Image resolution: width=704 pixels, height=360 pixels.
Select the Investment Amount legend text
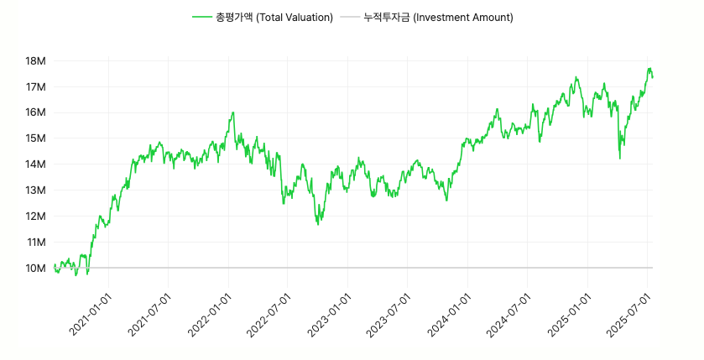pos(438,18)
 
